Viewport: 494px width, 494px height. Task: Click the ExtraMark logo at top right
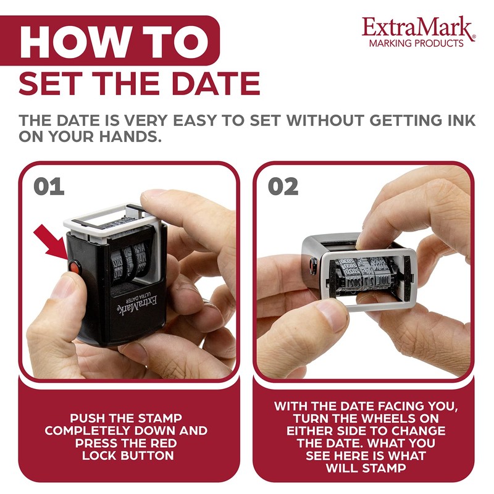418,28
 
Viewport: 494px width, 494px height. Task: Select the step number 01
49,186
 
